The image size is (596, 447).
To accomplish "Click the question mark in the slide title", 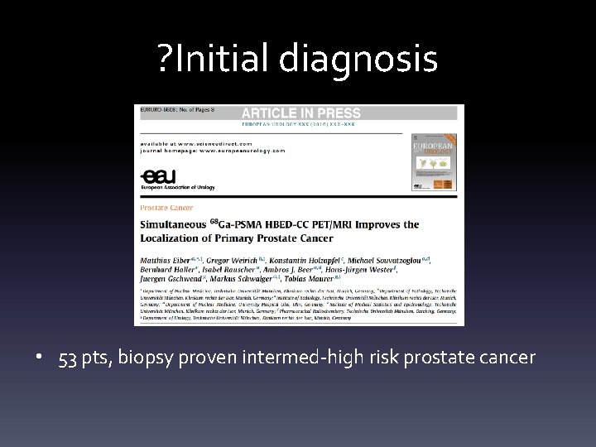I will click(x=164, y=58).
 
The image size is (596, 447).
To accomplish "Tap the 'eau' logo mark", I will click(x=153, y=175).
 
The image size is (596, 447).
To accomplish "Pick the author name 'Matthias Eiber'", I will click(x=166, y=260).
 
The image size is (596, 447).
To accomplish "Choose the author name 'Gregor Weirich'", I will click(x=234, y=260).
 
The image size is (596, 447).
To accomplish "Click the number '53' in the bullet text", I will click(x=68, y=358).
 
